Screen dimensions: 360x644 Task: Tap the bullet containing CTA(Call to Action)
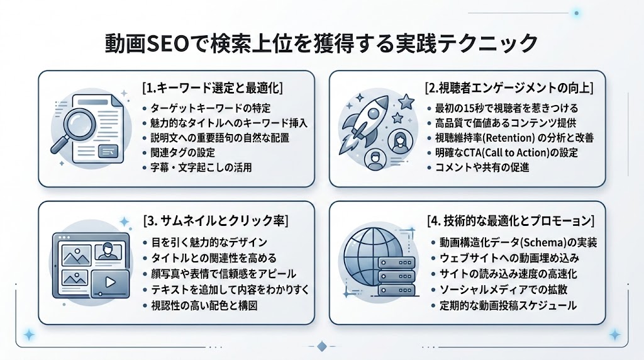pos(510,153)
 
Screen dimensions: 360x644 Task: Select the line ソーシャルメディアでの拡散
pos(500,290)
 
